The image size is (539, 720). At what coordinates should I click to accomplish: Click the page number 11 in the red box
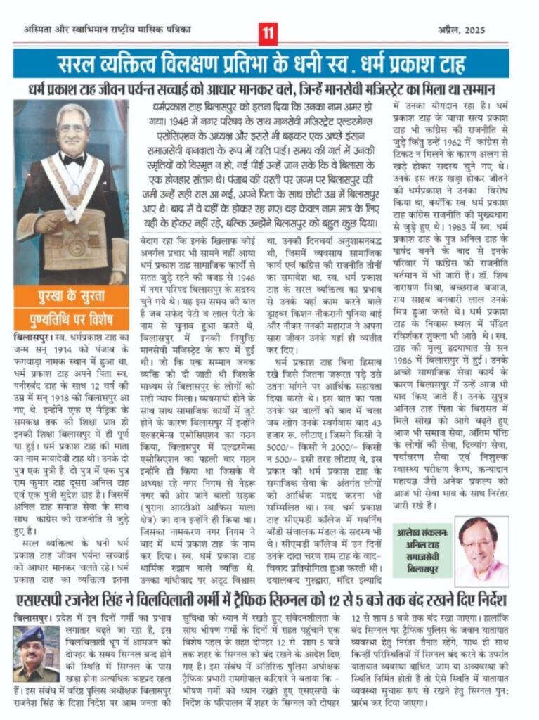(x=268, y=32)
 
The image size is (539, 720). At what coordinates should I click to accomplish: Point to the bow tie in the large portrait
(x=72, y=160)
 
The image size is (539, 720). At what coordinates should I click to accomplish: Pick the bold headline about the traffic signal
(x=269, y=602)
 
